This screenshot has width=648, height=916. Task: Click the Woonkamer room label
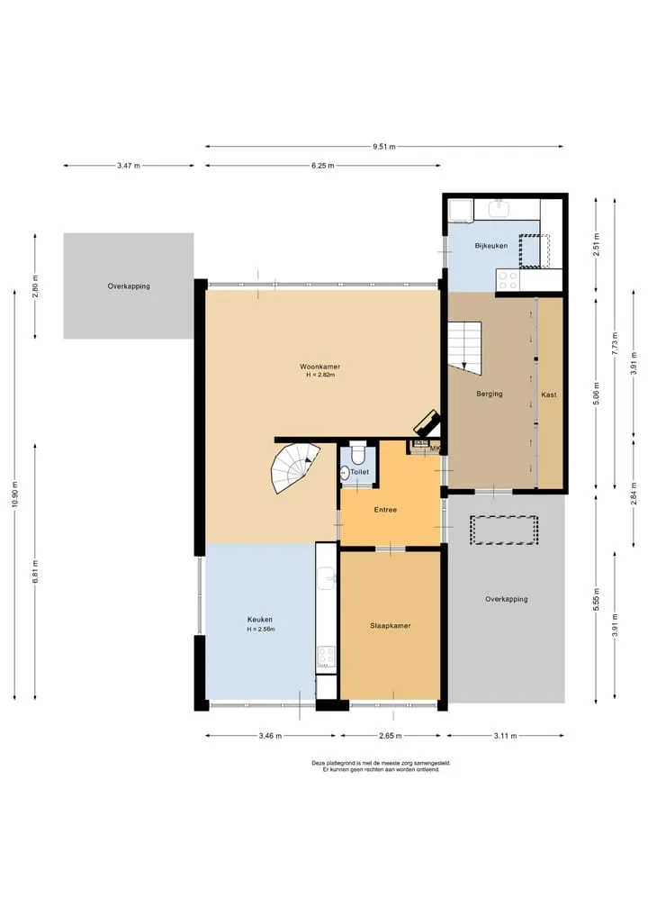pos(319,367)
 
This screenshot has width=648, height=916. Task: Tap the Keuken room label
pos(260,620)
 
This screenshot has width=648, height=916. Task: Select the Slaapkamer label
pos(390,626)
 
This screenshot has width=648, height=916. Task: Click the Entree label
pos(385,510)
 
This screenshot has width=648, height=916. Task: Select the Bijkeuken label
pos(491,246)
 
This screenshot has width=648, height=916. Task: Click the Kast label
pos(549,395)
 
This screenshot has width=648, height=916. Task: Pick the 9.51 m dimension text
pos(384,147)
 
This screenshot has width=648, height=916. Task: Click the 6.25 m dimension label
pos(323,166)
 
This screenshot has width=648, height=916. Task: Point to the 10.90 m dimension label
pos(15,493)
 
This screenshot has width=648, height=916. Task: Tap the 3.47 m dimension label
pos(129,166)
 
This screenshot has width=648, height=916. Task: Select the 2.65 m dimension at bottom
pos(390,736)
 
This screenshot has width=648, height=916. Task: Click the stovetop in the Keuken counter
pos(326,657)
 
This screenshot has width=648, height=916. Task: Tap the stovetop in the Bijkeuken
pos(508,280)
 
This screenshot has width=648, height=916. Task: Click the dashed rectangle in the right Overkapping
pos(504,530)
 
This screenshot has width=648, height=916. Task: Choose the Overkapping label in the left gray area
pos(129,286)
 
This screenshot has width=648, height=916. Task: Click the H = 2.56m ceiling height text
pos(260,630)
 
